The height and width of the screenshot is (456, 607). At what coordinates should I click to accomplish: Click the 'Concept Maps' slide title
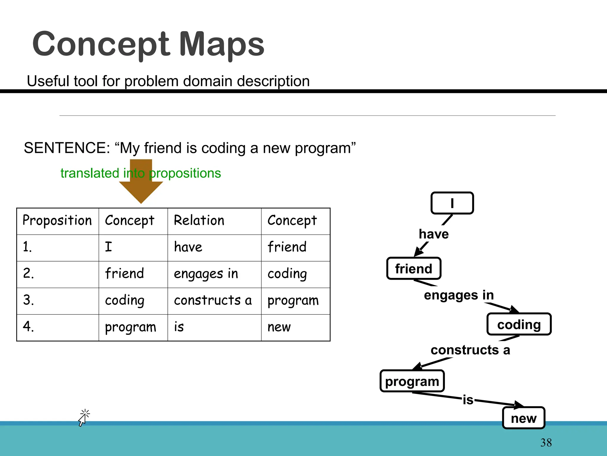tap(148, 45)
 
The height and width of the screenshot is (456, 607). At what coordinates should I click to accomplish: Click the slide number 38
tap(546, 443)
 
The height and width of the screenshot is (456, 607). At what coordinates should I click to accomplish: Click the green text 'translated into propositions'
tap(140, 173)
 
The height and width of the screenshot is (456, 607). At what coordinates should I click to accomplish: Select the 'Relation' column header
tap(199, 221)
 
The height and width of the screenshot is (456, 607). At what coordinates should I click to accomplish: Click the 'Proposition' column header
tap(57, 221)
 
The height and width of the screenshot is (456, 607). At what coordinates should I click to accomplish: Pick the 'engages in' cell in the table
tap(206, 274)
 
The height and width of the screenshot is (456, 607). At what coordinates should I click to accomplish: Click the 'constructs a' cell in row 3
tap(213, 300)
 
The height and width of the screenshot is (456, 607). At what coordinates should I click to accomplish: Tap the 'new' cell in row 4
tap(279, 327)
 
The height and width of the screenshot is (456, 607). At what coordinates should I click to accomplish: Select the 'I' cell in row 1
tap(108, 247)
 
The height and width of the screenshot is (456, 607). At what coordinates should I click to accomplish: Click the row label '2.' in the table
tap(28, 273)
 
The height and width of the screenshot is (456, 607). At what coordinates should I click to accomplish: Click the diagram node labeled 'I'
tap(452, 203)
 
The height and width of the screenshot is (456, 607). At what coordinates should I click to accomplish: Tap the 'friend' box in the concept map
tap(414, 269)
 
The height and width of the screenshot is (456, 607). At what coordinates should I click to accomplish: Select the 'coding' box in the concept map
tap(519, 324)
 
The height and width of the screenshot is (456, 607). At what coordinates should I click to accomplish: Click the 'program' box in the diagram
tap(412, 381)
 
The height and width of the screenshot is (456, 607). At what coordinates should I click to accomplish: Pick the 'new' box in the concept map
tap(524, 418)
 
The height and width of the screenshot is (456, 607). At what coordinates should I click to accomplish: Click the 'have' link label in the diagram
tap(434, 234)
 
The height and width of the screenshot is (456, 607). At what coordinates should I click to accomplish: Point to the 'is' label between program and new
tap(468, 400)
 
